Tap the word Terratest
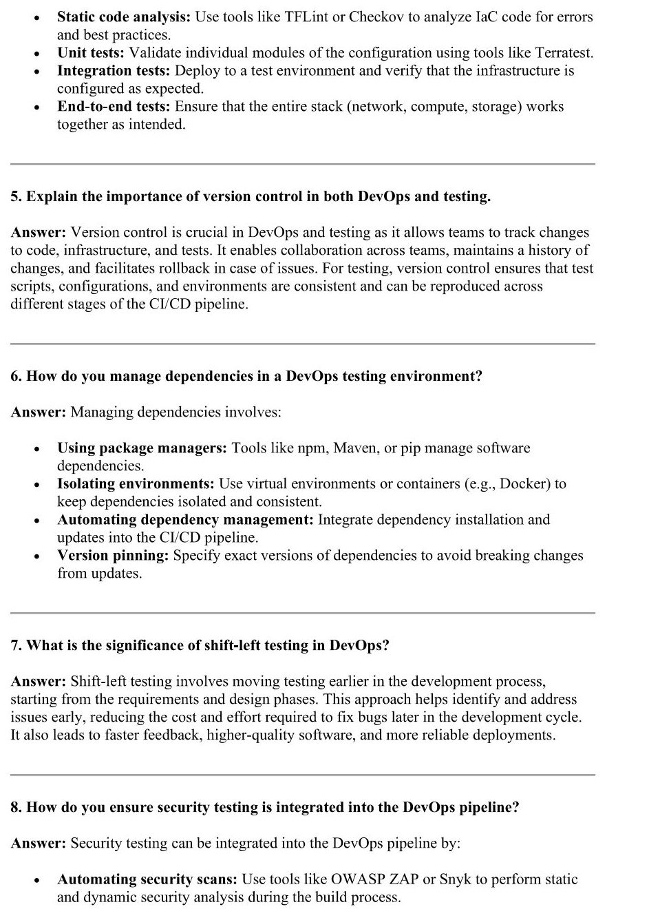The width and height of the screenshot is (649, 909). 560,52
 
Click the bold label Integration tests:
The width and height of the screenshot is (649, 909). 114,70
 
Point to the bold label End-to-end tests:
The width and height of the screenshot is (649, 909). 114,106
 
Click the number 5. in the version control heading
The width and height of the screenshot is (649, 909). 17,196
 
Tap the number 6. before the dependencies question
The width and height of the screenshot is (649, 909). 17,376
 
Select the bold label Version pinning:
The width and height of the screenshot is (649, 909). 113,556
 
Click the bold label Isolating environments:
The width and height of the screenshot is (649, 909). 136,484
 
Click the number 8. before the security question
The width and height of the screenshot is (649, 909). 17,807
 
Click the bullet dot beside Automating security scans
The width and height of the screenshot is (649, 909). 36,880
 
